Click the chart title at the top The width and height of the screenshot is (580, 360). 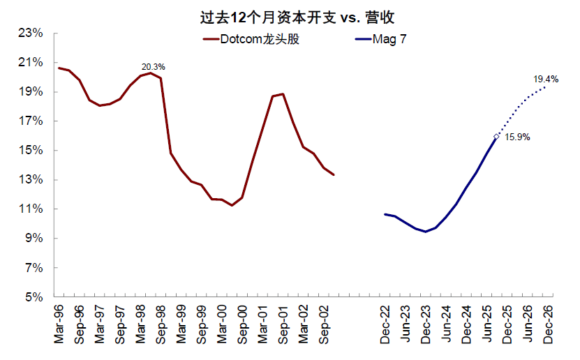click(289, 15)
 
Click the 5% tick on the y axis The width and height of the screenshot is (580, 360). click(36, 297)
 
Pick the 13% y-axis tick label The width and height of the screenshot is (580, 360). click(33, 180)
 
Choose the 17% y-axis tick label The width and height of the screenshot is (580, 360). click(33, 121)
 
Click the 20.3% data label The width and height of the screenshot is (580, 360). click(154, 67)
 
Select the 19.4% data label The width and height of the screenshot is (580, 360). click(546, 80)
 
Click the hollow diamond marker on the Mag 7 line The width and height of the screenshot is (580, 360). click(496, 137)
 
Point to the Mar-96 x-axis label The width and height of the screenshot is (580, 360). click(59, 327)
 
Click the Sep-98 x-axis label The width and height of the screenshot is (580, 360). click(161, 327)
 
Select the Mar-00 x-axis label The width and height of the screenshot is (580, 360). click(222, 327)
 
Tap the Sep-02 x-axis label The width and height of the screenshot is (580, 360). click(324, 327)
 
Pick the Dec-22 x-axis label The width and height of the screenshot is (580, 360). click(385, 327)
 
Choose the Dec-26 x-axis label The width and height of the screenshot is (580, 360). click(546, 327)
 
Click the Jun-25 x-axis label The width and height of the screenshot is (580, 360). click(486, 327)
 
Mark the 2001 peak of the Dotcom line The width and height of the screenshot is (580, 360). click(282, 94)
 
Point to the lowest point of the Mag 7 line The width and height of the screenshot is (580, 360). click(426, 232)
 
